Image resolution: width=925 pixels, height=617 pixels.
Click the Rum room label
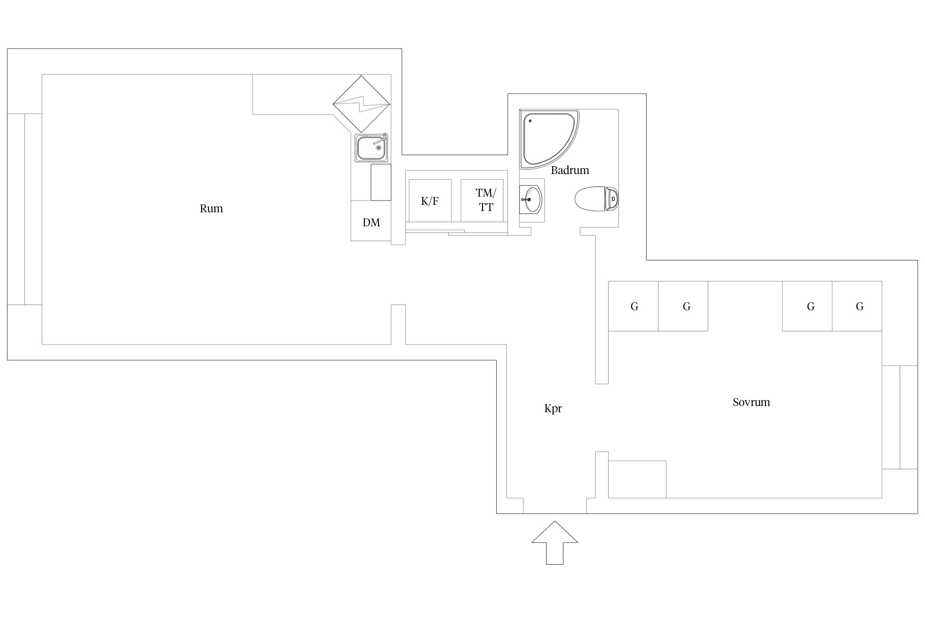click(211, 209)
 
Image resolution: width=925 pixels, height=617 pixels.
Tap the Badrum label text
click(570, 170)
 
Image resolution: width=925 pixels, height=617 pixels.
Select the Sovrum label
click(751, 402)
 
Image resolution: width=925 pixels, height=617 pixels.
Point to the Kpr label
click(553, 408)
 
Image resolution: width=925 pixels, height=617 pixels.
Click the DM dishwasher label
click(371, 223)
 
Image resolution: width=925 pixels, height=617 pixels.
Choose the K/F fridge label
click(430, 201)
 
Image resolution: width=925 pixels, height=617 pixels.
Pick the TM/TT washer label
click(486, 200)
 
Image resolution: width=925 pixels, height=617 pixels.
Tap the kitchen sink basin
click(371, 148)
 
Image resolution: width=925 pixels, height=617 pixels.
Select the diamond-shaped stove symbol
click(361, 104)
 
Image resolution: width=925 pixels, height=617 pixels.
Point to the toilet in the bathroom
click(596, 199)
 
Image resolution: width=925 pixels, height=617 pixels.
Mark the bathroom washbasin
click(531, 199)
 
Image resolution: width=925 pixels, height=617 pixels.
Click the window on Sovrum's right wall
click(900, 417)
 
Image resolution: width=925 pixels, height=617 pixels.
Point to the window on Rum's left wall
click(25, 209)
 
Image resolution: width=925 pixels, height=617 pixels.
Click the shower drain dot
click(530, 121)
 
